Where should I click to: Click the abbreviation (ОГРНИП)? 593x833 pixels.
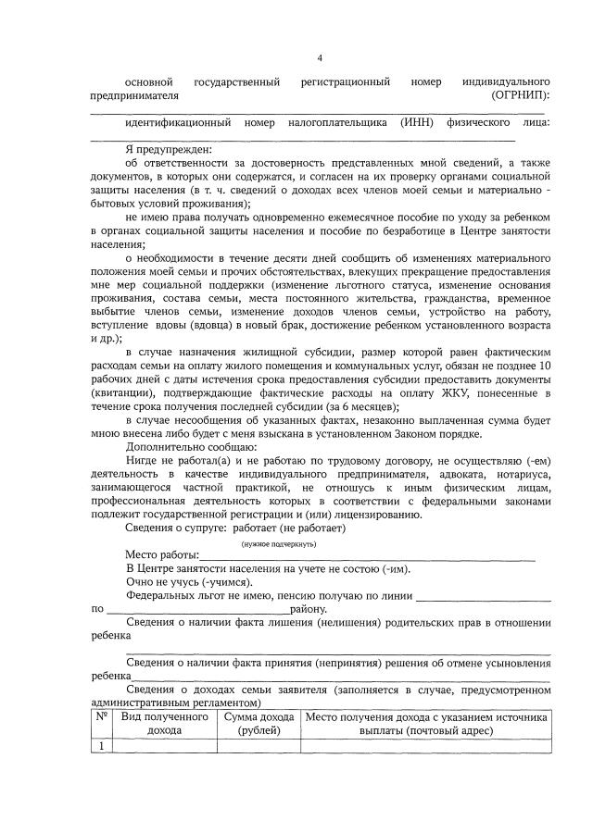(x=522, y=96)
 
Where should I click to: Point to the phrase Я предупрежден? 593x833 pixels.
(x=169, y=150)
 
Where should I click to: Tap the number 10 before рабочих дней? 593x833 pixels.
(x=545, y=367)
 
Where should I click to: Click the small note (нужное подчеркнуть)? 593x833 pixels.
(x=277, y=544)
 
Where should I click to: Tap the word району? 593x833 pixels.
(x=309, y=611)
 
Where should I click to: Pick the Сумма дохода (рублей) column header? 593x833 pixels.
(x=254, y=725)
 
